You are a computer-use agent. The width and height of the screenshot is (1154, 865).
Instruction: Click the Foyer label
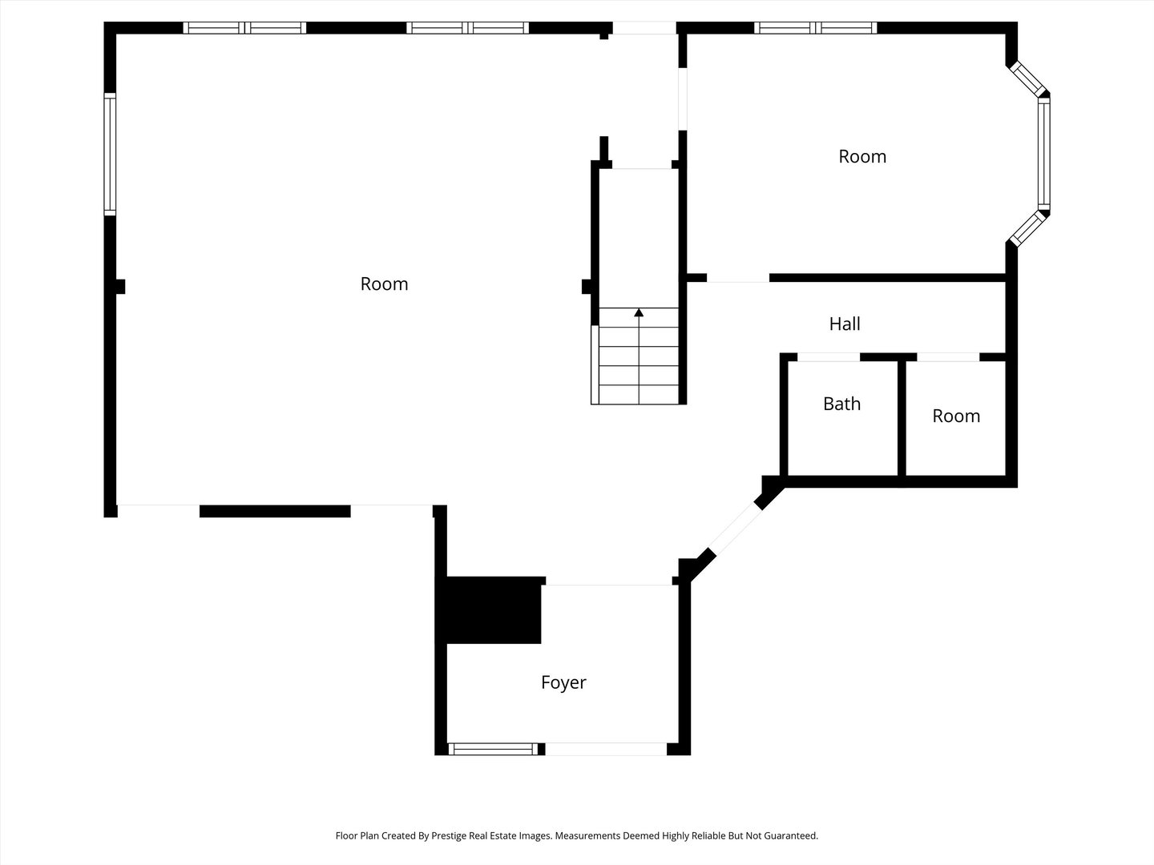pyautogui.click(x=563, y=682)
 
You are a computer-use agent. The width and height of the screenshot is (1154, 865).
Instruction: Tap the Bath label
pyautogui.click(x=841, y=404)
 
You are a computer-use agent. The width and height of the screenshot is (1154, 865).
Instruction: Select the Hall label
pyautogui.click(x=845, y=324)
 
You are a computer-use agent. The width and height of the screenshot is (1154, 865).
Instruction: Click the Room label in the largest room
pyautogui.click(x=384, y=284)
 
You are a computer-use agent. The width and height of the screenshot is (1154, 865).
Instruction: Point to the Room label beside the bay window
pyautogui.click(x=862, y=156)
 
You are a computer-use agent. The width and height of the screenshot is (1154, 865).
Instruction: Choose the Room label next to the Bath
pyautogui.click(x=956, y=416)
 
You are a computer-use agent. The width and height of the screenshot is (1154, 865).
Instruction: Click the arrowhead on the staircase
pyautogui.click(x=639, y=312)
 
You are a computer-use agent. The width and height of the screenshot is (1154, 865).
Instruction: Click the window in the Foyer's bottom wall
pyautogui.click(x=493, y=749)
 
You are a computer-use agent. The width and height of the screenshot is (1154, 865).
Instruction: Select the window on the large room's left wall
pyautogui.click(x=110, y=154)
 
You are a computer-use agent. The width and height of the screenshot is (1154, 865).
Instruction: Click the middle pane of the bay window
pyautogui.click(x=1043, y=154)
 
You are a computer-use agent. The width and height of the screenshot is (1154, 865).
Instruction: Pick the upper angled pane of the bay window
pyautogui.click(x=1027, y=78)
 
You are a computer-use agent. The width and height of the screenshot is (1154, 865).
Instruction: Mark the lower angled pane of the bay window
pyautogui.click(x=1027, y=228)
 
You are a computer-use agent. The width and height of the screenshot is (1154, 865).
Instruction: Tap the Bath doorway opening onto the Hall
pyautogui.click(x=829, y=357)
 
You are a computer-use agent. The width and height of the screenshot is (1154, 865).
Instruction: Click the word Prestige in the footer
pyautogui.click(x=450, y=835)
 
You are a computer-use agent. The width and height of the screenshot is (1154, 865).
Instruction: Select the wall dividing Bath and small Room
pyautogui.click(x=902, y=419)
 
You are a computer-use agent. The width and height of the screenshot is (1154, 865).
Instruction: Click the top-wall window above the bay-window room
pyautogui.click(x=816, y=28)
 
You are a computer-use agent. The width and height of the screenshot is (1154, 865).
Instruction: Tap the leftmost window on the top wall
pyautogui.click(x=244, y=28)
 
